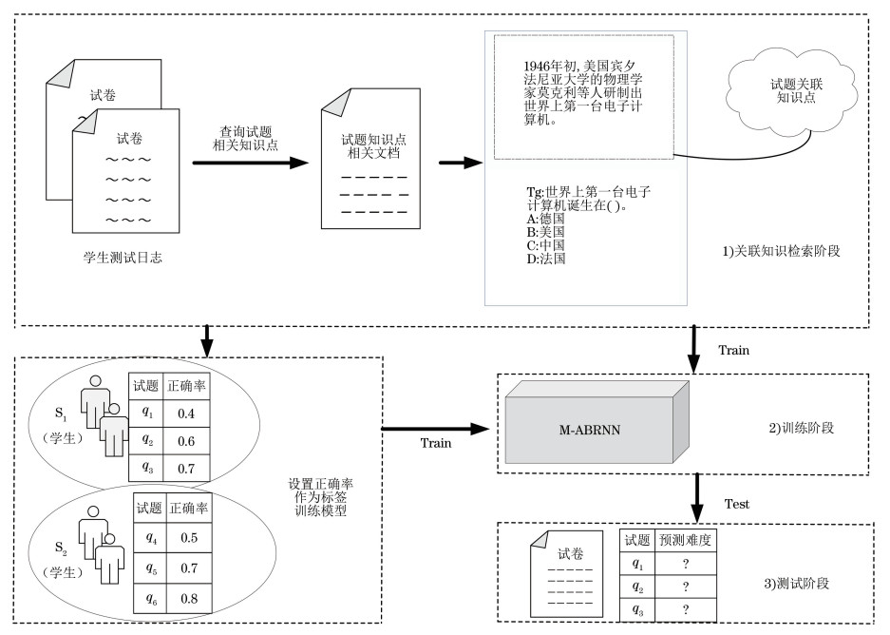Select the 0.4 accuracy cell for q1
(x=188, y=414)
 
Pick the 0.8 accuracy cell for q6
(x=189, y=598)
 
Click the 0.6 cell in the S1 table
(x=188, y=441)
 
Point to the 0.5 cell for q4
(x=189, y=537)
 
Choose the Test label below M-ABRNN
(x=736, y=504)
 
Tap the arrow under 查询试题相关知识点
(x=252, y=163)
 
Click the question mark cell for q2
(x=685, y=587)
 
